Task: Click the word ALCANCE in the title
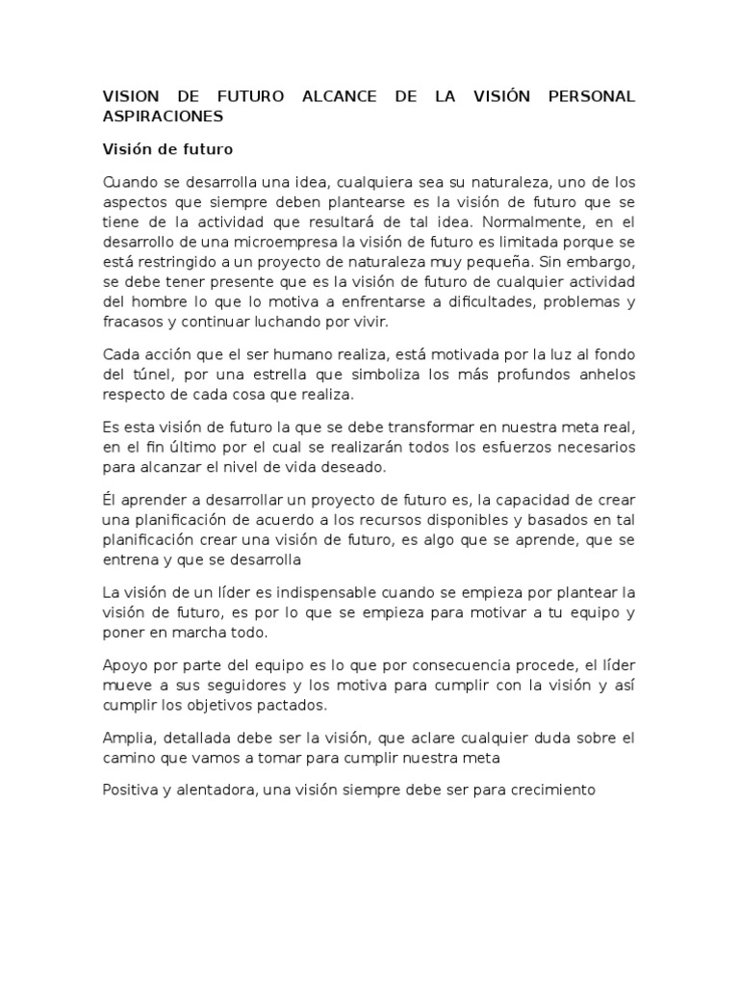tap(342, 97)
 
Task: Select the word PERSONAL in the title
tap(591, 97)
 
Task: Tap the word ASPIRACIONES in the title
tap(163, 116)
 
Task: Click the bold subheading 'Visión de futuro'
tap(168, 150)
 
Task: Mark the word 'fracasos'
tap(131, 321)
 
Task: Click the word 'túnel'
tap(152, 374)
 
